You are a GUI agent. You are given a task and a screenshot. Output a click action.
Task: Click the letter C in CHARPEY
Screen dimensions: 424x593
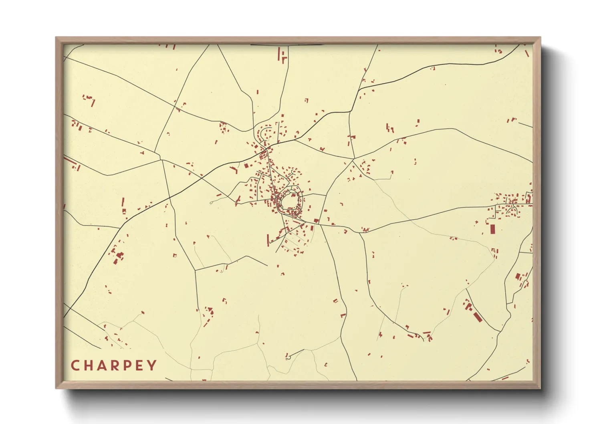click(x=75, y=365)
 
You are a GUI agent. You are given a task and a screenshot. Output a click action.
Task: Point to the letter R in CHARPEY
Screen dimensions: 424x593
click(x=115, y=365)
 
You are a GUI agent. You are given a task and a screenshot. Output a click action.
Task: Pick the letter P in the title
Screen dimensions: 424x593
click(x=127, y=365)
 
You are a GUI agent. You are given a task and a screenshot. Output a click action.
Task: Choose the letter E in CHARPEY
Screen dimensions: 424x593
click(x=139, y=365)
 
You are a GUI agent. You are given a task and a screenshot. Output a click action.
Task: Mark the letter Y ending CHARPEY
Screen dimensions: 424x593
click(x=152, y=365)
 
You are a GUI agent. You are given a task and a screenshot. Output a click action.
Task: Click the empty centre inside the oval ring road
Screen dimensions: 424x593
click(x=291, y=200)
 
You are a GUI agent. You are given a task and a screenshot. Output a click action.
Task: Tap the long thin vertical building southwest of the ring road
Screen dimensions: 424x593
click(x=268, y=240)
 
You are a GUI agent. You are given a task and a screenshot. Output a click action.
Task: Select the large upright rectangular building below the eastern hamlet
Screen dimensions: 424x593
click(x=492, y=229)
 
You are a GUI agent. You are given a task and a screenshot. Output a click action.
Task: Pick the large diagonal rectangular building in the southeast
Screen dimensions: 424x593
click(x=477, y=316)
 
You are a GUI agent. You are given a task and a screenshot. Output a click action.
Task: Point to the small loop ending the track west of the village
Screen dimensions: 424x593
click(x=211, y=203)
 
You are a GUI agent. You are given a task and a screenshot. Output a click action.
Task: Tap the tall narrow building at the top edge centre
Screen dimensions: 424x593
click(x=280, y=54)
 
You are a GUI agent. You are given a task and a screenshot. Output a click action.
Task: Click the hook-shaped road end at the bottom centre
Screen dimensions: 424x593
click(x=287, y=355)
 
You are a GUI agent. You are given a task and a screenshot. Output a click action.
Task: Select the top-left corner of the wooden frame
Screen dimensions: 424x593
click(x=56, y=38)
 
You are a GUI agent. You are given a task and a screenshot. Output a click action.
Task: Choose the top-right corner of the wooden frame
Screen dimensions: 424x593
click(x=540, y=38)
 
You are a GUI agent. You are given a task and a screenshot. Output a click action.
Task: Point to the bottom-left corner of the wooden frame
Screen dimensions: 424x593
click(x=56, y=388)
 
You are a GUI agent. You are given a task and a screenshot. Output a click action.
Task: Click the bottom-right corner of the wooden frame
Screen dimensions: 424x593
click(x=540, y=388)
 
